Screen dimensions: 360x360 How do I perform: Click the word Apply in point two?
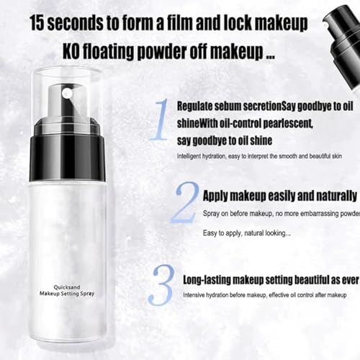[218, 195]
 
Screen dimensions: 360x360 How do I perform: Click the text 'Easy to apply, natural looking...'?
[246, 233]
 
